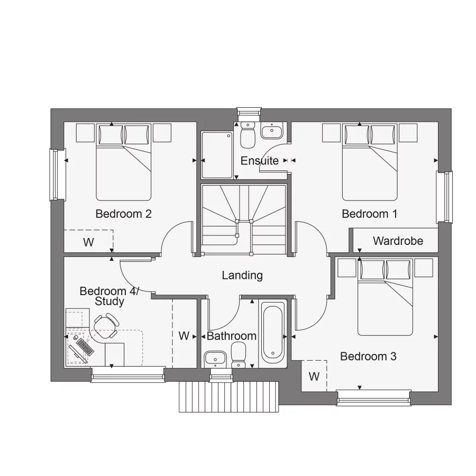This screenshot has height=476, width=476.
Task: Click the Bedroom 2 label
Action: [x=123, y=214]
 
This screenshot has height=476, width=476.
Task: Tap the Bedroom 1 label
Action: [x=369, y=214]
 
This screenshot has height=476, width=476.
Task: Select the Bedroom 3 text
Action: [x=368, y=356]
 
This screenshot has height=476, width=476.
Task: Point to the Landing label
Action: [x=242, y=275]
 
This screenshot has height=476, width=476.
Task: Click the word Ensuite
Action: [x=260, y=161]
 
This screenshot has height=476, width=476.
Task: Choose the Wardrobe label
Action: [x=398, y=241]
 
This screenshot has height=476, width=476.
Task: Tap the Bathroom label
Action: [x=232, y=336]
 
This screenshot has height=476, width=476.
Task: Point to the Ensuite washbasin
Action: [x=273, y=130]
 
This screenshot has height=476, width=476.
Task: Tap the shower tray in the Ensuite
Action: [x=217, y=155]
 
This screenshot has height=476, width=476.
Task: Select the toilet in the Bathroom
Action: [x=239, y=354]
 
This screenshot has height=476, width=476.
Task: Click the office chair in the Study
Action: [x=106, y=326]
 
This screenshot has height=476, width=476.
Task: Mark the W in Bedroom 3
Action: [x=314, y=377]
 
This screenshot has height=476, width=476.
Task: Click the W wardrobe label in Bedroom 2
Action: [x=88, y=243]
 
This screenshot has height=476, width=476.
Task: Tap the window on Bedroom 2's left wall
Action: [x=54, y=175]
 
